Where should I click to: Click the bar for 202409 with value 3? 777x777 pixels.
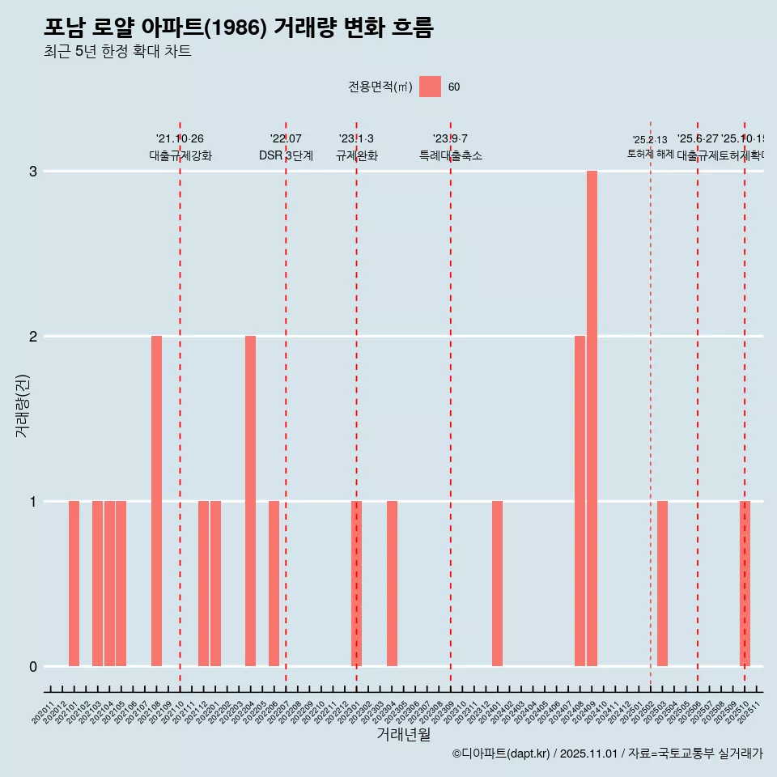pyautogui.click(x=592, y=418)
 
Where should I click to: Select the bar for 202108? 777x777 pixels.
pyautogui.click(x=156, y=501)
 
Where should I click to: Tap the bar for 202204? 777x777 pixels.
pyautogui.click(x=250, y=501)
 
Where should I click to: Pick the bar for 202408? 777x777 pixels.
pyautogui.click(x=580, y=501)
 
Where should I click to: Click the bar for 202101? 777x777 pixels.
pyautogui.click(x=74, y=584)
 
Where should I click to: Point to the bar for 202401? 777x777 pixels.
pyautogui.click(x=497, y=584)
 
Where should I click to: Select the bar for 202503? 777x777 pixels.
pyautogui.click(x=662, y=584)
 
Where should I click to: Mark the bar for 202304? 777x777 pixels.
pyautogui.click(x=392, y=584)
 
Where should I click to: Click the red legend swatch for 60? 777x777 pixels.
pyautogui.click(x=430, y=87)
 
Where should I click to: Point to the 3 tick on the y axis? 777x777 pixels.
pyautogui.click(x=33, y=172)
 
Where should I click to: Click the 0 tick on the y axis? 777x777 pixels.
pyautogui.click(x=33, y=667)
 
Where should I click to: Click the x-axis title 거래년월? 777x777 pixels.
pyautogui.click(x=403, y=734)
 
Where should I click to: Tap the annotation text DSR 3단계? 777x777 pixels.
pyautogui.click(x=286, y=155)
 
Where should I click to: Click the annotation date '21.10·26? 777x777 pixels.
pyautogui.click(x=180, y=139)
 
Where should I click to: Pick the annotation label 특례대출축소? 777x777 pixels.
pyautogui.click(x=450, y=155)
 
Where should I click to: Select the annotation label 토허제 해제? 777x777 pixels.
pyautogui.click(x=650, y=154)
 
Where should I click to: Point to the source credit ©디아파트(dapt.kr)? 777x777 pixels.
pyautogui.click(x=501, y=754)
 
